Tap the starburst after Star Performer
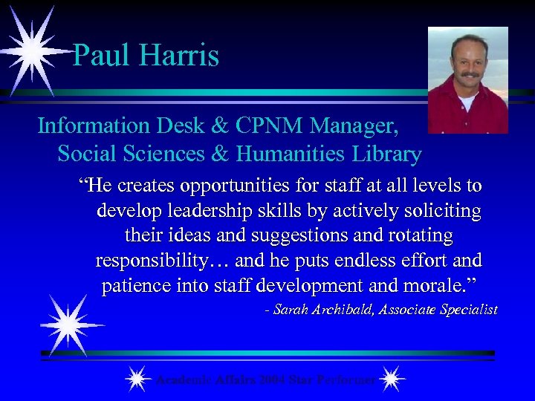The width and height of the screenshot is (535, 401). [x=392, y=379]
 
